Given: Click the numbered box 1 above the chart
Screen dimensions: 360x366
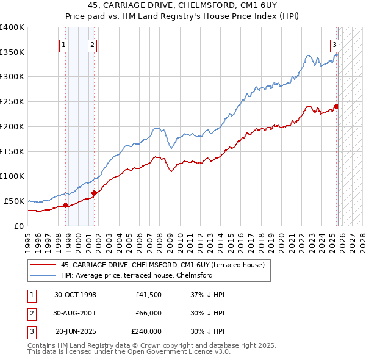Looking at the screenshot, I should tap(64, 44).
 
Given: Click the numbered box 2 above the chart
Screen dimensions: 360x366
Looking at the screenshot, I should tap(92, 44).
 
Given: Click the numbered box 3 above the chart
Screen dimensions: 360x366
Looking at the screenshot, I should tap(335, 44).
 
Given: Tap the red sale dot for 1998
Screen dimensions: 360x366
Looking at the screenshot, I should tap(65, 205).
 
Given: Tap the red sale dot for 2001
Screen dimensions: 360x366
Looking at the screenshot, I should tap(94, 193).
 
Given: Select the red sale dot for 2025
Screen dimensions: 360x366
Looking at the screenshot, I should tap(336, 106).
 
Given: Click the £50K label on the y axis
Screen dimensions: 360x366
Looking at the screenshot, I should tap(14, 201).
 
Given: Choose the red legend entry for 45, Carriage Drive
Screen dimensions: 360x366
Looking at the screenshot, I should tap(162, 265).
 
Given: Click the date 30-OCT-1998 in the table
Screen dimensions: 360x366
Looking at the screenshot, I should tap(75, 295).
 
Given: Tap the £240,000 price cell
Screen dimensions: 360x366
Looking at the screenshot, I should tap(146, 331).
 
